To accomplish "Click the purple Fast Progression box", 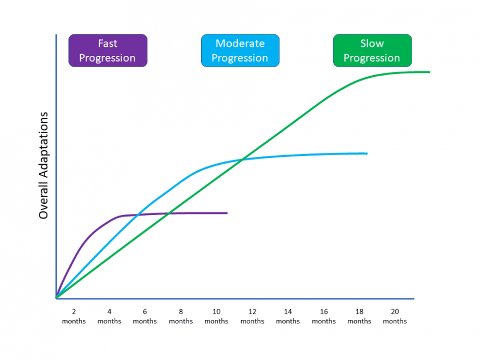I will pos(108,51).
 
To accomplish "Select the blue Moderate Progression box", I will pos(241,51).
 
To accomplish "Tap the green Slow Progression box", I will pos(372,51).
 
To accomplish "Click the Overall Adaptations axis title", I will pos(43,165).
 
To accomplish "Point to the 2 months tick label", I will pos(73,317).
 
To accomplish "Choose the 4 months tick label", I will pos(109,317).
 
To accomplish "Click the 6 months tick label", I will pos(145,317).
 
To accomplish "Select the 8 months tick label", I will pos(181,317).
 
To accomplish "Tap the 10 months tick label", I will pos(216,317).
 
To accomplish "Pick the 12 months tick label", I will pos(252,317).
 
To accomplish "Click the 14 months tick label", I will pos(288,317).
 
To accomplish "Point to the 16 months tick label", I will pos(324,317).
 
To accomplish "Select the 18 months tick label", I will pos(359,317).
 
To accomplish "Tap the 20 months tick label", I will pos(395,317).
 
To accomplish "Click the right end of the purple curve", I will pos(227,213).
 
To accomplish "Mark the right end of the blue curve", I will pos(367,153).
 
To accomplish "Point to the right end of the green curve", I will pos(430,72).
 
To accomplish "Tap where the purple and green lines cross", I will pos(168,213).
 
